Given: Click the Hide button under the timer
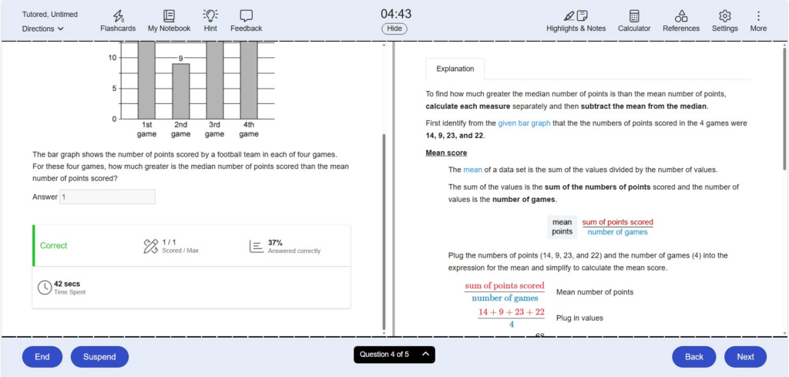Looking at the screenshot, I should coord(394,29).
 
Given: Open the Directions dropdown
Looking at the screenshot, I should coord(43,29).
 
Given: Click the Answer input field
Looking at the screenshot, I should coord(108,197).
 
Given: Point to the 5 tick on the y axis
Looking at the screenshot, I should coord(112,89).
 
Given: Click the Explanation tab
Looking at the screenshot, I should coord(455,69).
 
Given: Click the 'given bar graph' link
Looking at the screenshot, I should coord(524,123).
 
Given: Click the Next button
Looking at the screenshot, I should coord(745,357).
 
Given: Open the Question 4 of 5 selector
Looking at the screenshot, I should coord(394,355).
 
